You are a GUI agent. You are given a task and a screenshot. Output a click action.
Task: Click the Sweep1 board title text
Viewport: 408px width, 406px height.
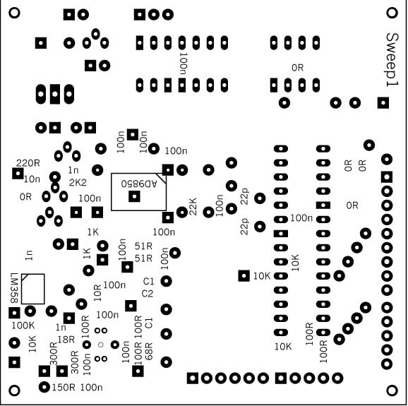pos(392,60)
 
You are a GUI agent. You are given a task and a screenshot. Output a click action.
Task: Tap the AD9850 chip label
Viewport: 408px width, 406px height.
pos(139,184)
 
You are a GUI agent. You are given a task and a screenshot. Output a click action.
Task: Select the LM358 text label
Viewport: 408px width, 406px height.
pos(14,288)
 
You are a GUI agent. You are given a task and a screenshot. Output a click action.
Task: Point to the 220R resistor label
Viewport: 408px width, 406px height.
pos(28,163)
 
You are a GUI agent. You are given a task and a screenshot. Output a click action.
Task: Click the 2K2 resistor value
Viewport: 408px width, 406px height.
pos(78,183)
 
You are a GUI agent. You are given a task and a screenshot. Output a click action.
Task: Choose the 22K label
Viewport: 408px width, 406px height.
pos(193,207)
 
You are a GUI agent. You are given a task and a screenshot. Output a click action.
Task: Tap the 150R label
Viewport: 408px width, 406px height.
pos(64,388)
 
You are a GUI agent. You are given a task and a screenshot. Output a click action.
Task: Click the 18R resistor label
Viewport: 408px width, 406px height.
pos(66,340)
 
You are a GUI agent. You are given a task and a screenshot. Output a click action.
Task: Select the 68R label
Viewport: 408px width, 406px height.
pos(149,352)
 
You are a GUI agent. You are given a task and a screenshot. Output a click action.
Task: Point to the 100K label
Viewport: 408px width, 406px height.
pos(23,326)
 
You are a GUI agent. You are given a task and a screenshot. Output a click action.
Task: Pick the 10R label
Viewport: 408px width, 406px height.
pos(97,293)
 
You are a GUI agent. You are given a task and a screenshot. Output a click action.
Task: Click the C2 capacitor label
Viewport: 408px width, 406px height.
pos(148,294)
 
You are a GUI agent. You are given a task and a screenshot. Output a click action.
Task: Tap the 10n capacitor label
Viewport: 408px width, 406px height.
pos(32,179)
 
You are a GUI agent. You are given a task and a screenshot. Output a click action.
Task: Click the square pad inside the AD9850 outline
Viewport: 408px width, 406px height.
pos(134,196)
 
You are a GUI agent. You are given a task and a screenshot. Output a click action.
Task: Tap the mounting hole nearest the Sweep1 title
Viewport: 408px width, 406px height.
pos(392,13)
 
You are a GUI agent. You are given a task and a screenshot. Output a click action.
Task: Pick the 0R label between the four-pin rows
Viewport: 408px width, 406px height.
pos(297,68)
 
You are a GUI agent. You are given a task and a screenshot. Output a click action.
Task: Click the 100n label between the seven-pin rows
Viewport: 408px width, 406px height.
pos(184,64)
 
